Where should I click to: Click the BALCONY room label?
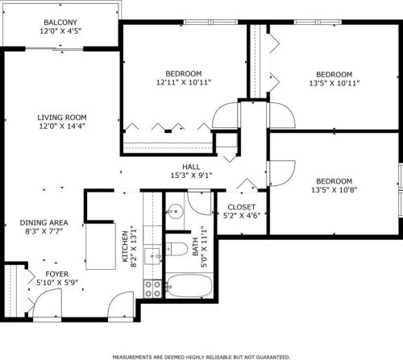(60, 23)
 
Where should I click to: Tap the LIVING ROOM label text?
(62, 118)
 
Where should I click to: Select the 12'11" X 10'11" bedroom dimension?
(184, 82)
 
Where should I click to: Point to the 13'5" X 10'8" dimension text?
(334, 190)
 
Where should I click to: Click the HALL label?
(191, 167)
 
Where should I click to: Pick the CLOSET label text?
(242, 207)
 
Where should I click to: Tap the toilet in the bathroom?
(177, 249)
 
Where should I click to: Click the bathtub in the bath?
(189, 286)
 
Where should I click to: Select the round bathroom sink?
(176, 212)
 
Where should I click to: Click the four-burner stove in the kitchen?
(152, 289)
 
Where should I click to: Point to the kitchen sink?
(152, 256)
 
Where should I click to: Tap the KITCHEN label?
(125, 246)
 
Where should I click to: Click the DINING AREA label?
(44, 222)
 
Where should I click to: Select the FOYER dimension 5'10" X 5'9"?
(57, 283)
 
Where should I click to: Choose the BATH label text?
(195, 247)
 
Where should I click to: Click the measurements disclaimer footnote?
(201, 357)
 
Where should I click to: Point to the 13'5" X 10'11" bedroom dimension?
(334, 83)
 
